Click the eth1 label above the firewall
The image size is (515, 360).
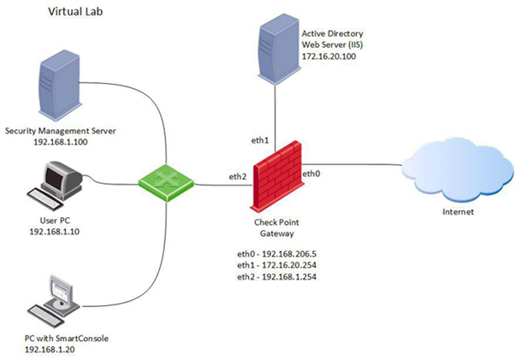click(x=259, y=139)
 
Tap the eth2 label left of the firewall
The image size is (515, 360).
click(x=237, y=177)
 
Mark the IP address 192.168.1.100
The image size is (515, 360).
click(x=59, y=143)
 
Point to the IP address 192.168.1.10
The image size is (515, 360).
click(x=53, y=232)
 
